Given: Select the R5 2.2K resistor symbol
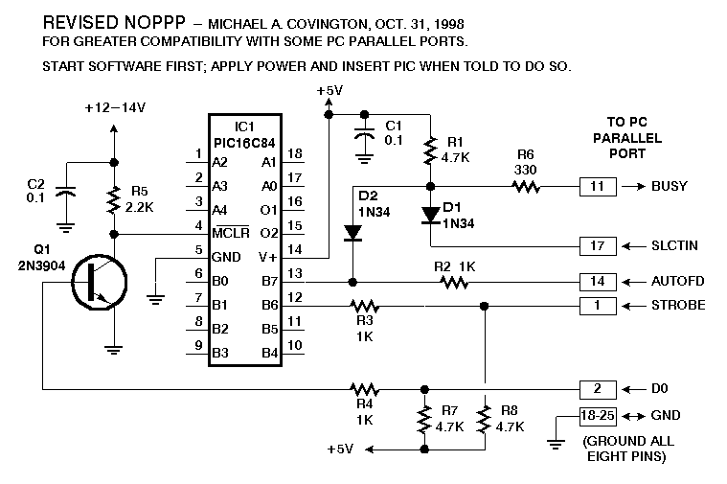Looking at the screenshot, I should coord(115,199).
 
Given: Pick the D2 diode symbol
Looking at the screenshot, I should coord(352,233).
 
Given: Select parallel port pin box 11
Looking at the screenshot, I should coord(597,186).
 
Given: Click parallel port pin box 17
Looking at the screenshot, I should coord(597,245).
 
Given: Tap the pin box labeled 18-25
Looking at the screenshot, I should coord(597,415).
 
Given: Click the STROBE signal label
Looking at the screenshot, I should coord(677,306).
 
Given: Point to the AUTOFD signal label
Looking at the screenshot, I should coord(679,282).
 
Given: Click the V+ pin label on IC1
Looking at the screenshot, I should coord(267,257).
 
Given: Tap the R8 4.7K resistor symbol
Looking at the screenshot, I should coord(485,419).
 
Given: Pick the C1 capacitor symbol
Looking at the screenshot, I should coord(364,139).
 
